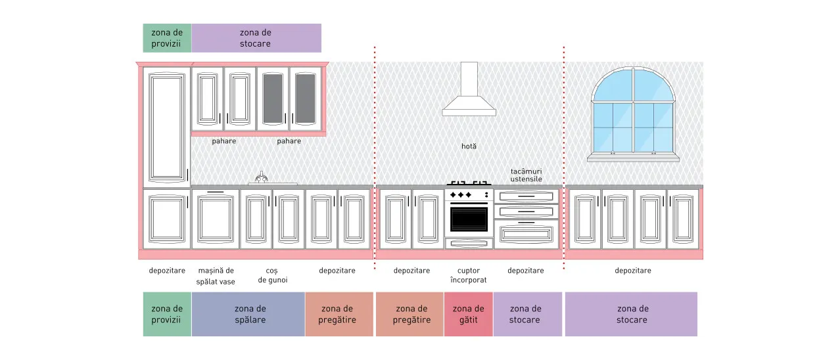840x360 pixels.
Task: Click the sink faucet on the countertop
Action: coord(262,177)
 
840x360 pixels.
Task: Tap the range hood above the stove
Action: coord(469,89)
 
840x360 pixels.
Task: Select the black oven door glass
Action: coord(469,219)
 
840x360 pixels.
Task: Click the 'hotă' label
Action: coord(469,146)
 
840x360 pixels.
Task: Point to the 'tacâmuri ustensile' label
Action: coord(526,175)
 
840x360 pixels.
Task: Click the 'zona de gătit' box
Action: coord(469,314)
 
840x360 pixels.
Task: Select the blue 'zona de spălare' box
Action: coord(248,314)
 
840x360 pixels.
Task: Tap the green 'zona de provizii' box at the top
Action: coord(167,38)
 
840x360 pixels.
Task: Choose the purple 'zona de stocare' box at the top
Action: coord(256,38)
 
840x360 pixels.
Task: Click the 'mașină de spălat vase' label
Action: coord(216,276)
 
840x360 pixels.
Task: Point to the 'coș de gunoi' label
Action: coord(273,275)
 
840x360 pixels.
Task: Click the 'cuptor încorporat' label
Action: coord(469,275)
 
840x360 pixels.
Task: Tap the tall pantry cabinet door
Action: coord(167,127)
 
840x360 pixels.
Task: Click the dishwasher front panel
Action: coord(216,219)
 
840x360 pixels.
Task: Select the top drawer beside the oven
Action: coord(526,196)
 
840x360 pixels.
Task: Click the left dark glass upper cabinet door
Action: coord(273,99)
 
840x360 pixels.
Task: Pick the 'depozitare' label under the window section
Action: coord(632,270)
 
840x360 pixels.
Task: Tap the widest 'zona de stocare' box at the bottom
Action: coord(631,314)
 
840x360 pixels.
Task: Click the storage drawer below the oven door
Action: coord(469,244)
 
